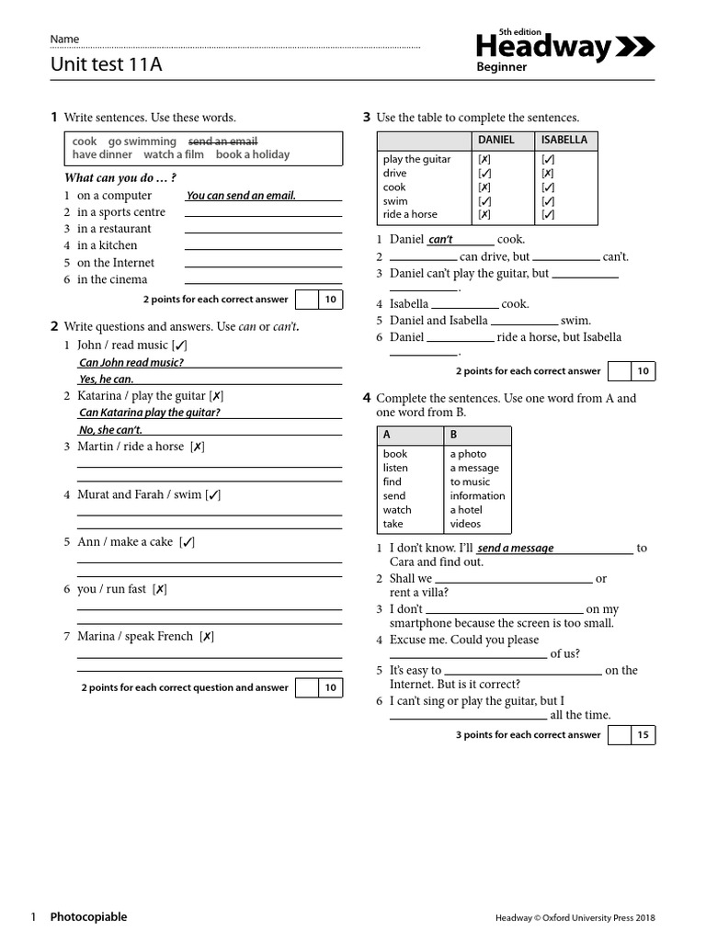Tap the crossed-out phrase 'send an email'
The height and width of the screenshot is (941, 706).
pyautogui.click(x=222, y=142)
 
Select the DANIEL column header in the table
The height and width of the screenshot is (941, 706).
pyautogui.click(x=496, y=140)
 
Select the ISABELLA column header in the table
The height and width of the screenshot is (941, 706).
pyautogui.click(x=564, y=140)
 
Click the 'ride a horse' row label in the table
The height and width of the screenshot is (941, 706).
pyautogui.click(x=410, y=214)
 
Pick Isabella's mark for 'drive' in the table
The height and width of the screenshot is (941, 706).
pyautogui.click(x=548, y=173)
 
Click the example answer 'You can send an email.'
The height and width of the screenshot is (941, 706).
pyautogui.click(x=241, y=196)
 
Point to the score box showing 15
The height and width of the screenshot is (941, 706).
pyautogui.click(x=643, y=735)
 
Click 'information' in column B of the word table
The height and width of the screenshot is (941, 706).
pyautogui.click(x=477, y=495)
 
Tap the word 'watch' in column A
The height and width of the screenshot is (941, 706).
pyautogui.click(x=397, y=509)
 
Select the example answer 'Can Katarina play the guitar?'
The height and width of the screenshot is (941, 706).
pyautogui.click(x=149, y=413)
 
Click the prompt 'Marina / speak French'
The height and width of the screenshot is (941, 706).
pyautogui.click(x=135, y=636)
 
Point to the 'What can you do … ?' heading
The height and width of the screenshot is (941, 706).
pyautogui.click(x=120, y=177)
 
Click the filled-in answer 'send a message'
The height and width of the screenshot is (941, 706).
pyautogui.click(x=516, y=549)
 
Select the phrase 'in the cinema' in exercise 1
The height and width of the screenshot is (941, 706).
pyautogui.click(x=111, y=279)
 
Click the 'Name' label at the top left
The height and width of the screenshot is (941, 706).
pyautogui.click(x=64, y=40)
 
